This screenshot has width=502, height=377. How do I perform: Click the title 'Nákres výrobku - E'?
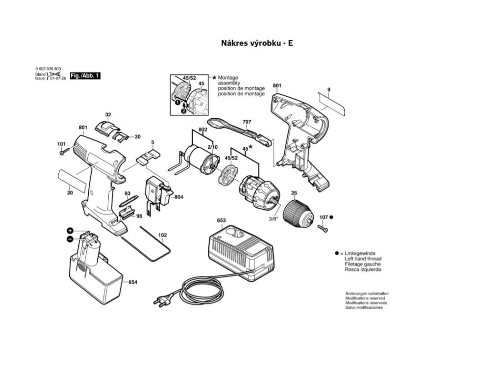coord(257,43)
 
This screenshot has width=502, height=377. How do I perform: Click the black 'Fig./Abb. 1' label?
coord(85,76)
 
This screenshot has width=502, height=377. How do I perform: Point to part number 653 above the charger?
coord(221,220)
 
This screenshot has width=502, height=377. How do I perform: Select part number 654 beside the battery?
coord(133,282)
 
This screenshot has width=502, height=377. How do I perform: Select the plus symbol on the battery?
coord(70,230)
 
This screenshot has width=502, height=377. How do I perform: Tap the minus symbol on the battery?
coord(70,239)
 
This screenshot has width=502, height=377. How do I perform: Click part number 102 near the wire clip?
coord(162,235)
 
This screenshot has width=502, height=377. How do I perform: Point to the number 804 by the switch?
coord(178,197)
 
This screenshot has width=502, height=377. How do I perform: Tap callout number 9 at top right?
coord(329,89)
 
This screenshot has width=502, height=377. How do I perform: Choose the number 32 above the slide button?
coord(108,114)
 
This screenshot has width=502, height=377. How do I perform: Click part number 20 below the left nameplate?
coord(70,193)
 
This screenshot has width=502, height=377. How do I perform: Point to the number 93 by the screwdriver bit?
coord(127,193)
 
